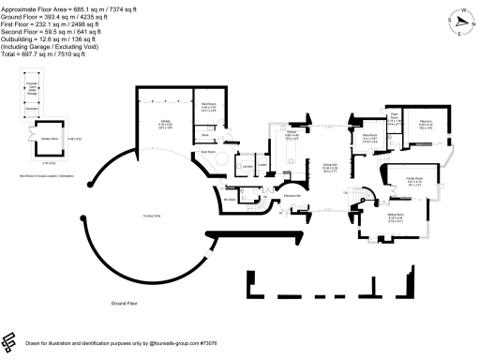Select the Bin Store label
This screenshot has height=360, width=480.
(229, 199)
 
